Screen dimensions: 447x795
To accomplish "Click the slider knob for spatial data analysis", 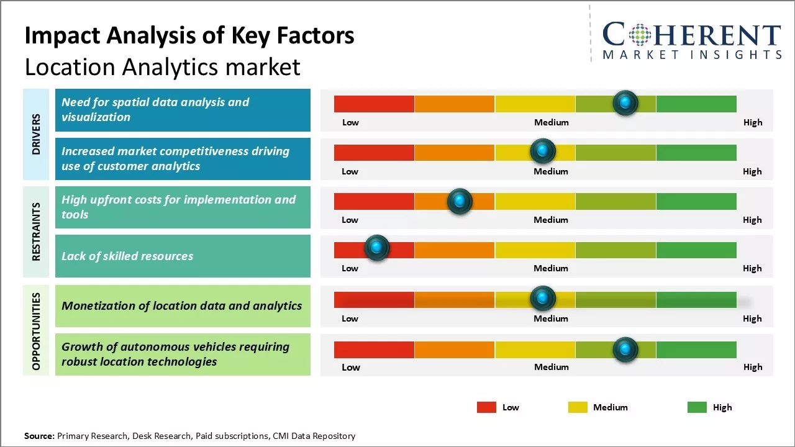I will pyautogui.click(x=625, y=102).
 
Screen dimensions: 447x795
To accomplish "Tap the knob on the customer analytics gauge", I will pyautogui.click(x=543, y=151).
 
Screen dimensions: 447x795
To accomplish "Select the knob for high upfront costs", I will pyautogui.click(x=460, y=201).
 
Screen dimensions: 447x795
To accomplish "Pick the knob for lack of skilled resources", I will pyautogui.click(x=376, y=248).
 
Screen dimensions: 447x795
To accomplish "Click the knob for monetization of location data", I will pyautogui.click(x=543, y=299).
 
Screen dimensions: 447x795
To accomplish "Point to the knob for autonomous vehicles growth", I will pyautogui.click(x=625, y=350).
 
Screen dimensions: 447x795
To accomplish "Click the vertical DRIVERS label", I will pyautogui.click(x=36, y=134).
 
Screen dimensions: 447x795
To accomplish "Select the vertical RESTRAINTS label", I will pyautogui.click(x=36, y=232).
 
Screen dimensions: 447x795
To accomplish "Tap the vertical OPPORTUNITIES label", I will pyautogui.click(x=36, y=332).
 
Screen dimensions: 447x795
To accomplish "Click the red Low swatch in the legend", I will pyautogui.click(x=486, y=407).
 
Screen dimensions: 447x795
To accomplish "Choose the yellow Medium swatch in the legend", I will pyautogui.click(x=578, y=407).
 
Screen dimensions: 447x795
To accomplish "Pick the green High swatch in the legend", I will pyautogui.click(x=697, y=407).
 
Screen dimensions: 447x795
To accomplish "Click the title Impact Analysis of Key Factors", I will pyautogui.click(x=189, y=36).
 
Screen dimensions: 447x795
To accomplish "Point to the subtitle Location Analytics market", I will pyautogui.click(x=162, y=66).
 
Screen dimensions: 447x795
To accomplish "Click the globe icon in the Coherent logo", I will pyautogui.click(x=640, y=35).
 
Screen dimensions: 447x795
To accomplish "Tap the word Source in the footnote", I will pyautogui.click(x=39, y=436).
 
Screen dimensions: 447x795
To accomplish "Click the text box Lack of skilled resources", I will pyautogui.click(x=183, y=256).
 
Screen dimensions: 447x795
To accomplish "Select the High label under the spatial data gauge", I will pyautogui.click(x=753, y=122).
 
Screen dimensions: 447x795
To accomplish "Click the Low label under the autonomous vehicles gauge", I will pyautogui.click(x=351, y=367).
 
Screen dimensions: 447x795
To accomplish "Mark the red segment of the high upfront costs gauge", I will pyautogui.click(x=374, y=201).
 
